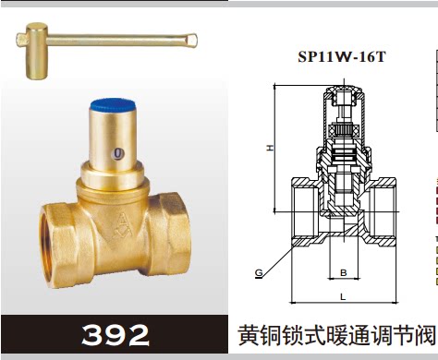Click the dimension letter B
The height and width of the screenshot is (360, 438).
[x=343, y=272]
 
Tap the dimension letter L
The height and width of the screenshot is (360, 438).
[x=343, y=296]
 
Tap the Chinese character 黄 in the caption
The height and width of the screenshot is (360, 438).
[x=249, y=334]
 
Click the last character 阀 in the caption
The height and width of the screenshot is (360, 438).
[x=424, y=334]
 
